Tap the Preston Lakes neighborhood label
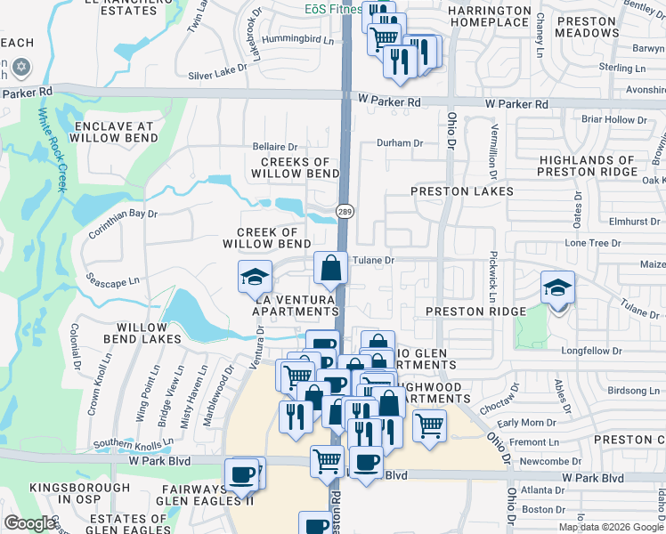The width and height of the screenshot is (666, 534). click(x=462, y=191)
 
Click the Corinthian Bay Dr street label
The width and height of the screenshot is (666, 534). click(x=123, y=223)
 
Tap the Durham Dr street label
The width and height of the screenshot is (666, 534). click(x=399, y=142)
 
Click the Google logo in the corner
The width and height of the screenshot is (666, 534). click(x=31, y=522)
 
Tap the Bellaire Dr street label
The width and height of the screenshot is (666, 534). click(x=274, y=146)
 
